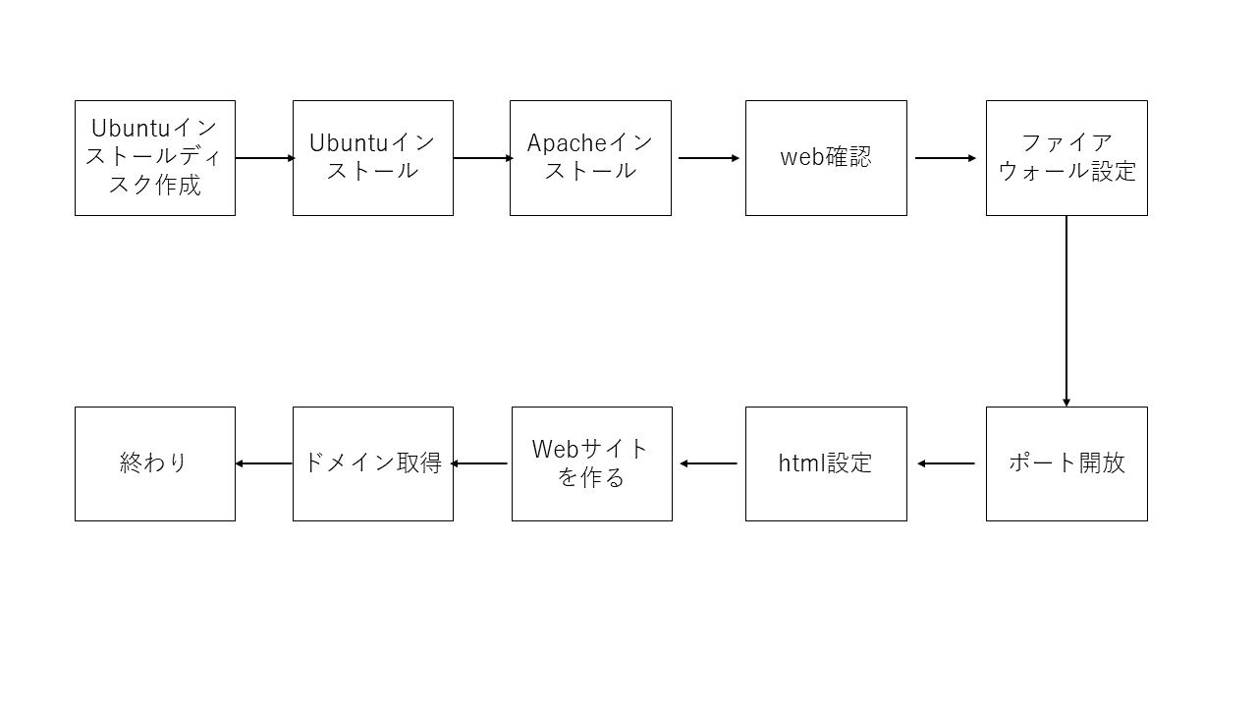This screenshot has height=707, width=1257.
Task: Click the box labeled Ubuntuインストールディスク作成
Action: (155, 157)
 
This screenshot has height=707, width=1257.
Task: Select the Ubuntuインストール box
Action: (372, 157)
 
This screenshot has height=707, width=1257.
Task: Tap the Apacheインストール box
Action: (590, 157)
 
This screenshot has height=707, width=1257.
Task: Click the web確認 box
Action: (826, 157)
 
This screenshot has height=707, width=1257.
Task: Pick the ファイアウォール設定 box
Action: (1066, 157)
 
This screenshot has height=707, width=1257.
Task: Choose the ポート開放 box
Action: (1066, 463)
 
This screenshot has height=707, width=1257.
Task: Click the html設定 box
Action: (826, 463)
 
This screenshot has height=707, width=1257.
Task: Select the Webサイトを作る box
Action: (591, 463)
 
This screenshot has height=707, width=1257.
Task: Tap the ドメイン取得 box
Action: (372, 463)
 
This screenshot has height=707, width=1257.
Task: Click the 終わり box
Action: (155, 463)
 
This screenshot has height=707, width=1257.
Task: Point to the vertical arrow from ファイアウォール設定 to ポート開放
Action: (1066, 310)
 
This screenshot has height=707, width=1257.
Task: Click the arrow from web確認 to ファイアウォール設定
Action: (946, 158)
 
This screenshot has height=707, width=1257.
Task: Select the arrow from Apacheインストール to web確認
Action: (708, 158)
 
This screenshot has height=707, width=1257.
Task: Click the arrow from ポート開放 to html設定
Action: (947, 463)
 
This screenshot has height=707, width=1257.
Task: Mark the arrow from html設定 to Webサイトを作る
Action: (708, 463)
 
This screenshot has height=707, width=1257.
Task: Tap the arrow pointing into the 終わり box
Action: (264, 463)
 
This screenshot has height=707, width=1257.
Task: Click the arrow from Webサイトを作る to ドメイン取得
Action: (479, 463)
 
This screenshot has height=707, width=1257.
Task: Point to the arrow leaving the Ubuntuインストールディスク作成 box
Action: (265, 158)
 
